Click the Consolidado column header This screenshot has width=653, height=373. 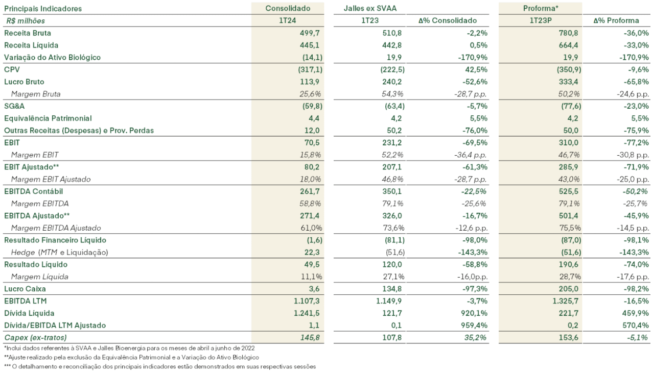click(x=288, y=9)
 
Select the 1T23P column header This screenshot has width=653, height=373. click(x=541, y=21)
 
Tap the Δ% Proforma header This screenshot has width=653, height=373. click(x=616, y=21)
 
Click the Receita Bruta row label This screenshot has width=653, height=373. click(x=28, y=33)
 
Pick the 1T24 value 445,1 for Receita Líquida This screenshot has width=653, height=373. click(x=310, y=45)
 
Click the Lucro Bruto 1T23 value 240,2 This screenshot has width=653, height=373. click(x=392, y=82)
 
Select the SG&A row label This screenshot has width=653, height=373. click(x=14, y=106)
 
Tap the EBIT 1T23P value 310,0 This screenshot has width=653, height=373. click(x=568, y=143)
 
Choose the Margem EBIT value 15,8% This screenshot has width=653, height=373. click(x=310, y=155)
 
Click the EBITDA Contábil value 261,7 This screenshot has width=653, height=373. click(x=310, y=191)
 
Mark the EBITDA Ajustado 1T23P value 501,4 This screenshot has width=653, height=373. click(x=568, y=216)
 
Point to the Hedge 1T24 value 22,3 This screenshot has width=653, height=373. click(x=312, y=253)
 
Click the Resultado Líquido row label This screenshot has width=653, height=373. click(x=36, y=265)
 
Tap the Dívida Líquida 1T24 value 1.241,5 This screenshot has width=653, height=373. click(x=307, y=313)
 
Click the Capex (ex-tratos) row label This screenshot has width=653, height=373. click(x=35, y=338)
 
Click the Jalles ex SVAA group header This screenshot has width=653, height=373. click(x=370, y=9)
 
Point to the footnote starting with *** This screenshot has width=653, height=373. click(x=160, y=366)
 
